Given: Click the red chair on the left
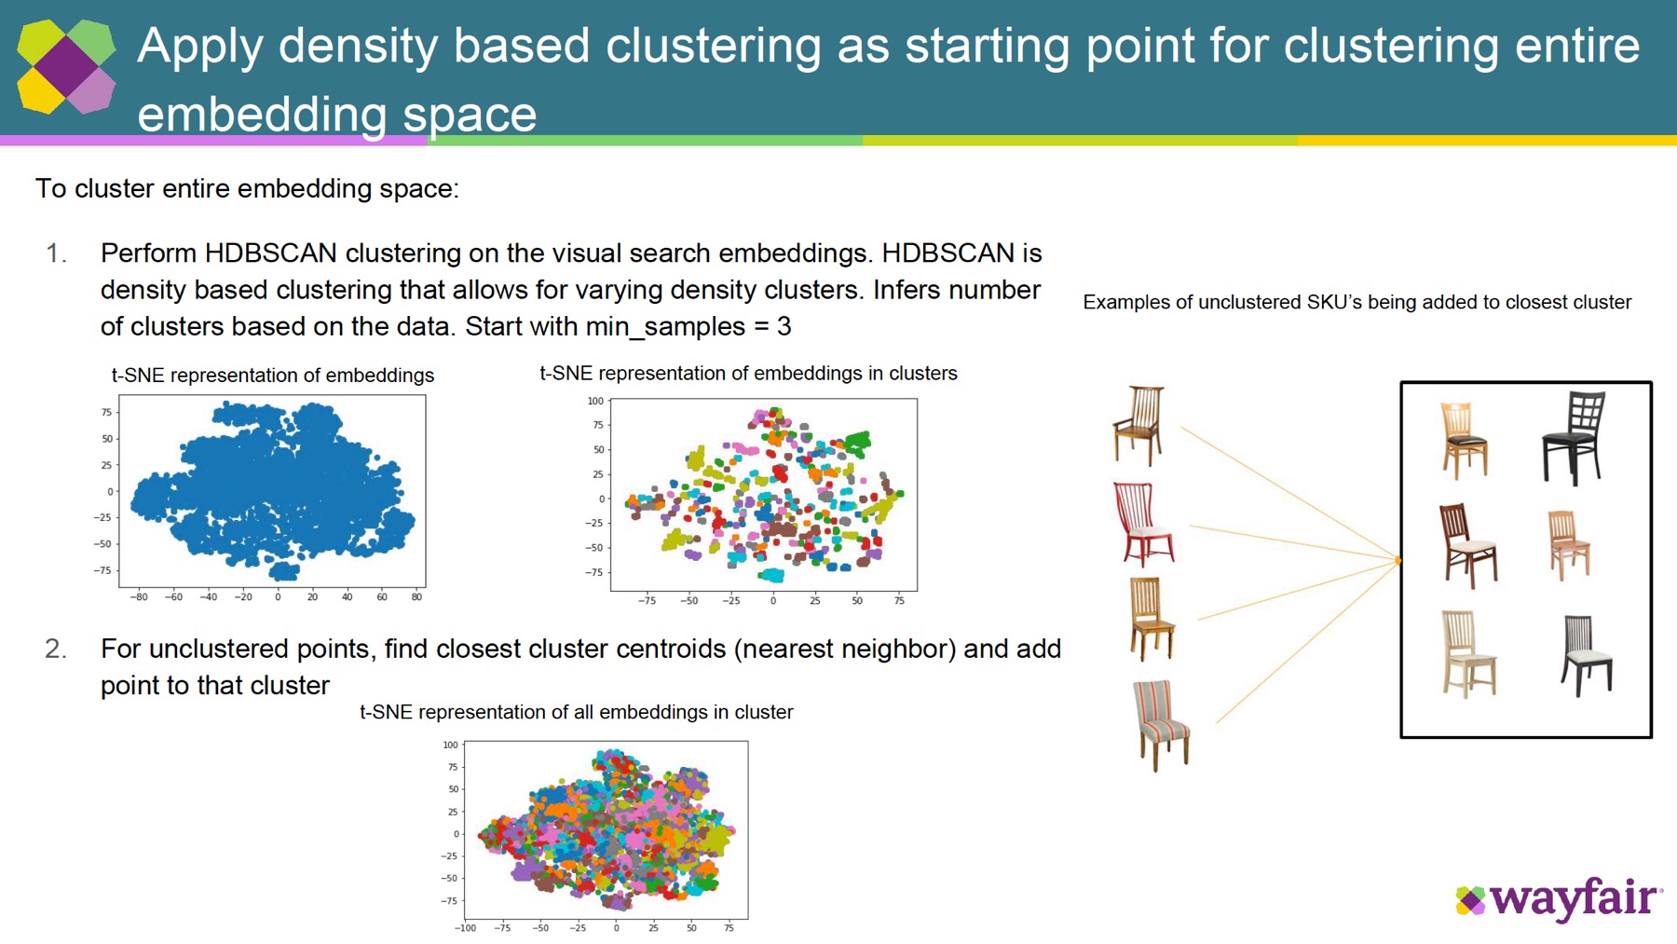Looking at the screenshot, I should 1144,524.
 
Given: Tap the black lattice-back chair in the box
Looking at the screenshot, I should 1575,436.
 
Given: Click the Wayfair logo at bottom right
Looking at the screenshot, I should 1558,899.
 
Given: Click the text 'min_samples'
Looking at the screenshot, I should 665,327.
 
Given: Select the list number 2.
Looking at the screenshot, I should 56,649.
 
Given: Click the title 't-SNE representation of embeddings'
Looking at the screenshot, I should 273,376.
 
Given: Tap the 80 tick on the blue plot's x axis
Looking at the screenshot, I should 416,597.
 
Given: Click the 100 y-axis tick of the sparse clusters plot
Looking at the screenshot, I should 595,402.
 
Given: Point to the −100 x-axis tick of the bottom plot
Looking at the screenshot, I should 465,928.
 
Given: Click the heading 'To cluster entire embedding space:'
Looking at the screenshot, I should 247,189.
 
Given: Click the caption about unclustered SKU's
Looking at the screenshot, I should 1357,303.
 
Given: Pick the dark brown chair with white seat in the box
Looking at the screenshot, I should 1467,545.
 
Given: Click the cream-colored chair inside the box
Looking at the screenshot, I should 1467,653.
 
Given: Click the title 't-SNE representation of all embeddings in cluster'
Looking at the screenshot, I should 576,713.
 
